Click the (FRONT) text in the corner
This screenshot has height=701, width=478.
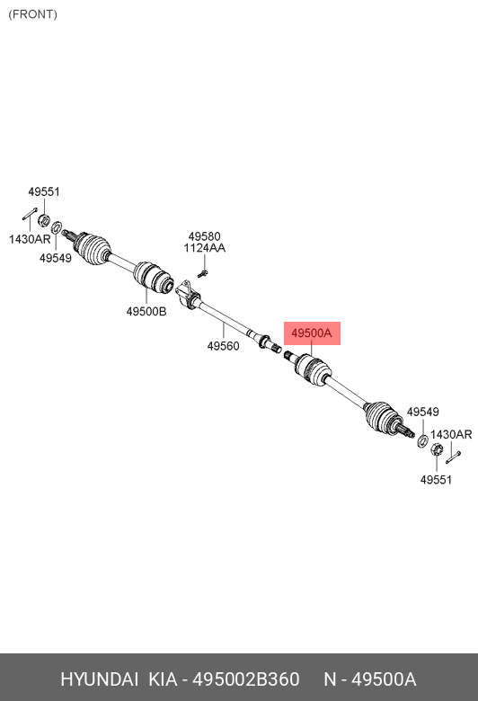tap(32, 14)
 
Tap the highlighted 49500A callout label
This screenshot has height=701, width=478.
tap(312, 333)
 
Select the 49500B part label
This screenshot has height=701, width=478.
tap(146, 312)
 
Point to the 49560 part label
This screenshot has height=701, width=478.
tap(223, 346)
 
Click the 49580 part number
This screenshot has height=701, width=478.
tap(204, 236)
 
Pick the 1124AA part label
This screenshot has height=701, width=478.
tap(204, 248)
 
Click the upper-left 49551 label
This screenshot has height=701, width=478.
tap(44, 191)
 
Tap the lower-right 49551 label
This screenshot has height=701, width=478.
tap(436, 480)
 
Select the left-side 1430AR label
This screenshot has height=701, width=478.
tap(30, 239)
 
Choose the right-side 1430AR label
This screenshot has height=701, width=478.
tap(451, 434)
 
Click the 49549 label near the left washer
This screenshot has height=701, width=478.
tap(56, 258)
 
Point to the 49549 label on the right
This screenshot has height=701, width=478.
tap(423, 412)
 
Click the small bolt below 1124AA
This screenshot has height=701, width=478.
tap(202, 273)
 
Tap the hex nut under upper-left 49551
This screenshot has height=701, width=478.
tap(43, 220)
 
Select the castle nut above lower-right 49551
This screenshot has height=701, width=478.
tap(437, 449)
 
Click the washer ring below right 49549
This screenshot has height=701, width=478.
tap(421, 440)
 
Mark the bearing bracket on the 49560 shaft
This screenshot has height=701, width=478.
tap(188, 294)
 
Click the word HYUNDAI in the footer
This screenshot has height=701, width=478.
tap(99, 679)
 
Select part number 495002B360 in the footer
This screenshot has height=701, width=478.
tap(245, 679)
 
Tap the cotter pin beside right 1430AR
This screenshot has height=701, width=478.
tap(453, 457)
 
